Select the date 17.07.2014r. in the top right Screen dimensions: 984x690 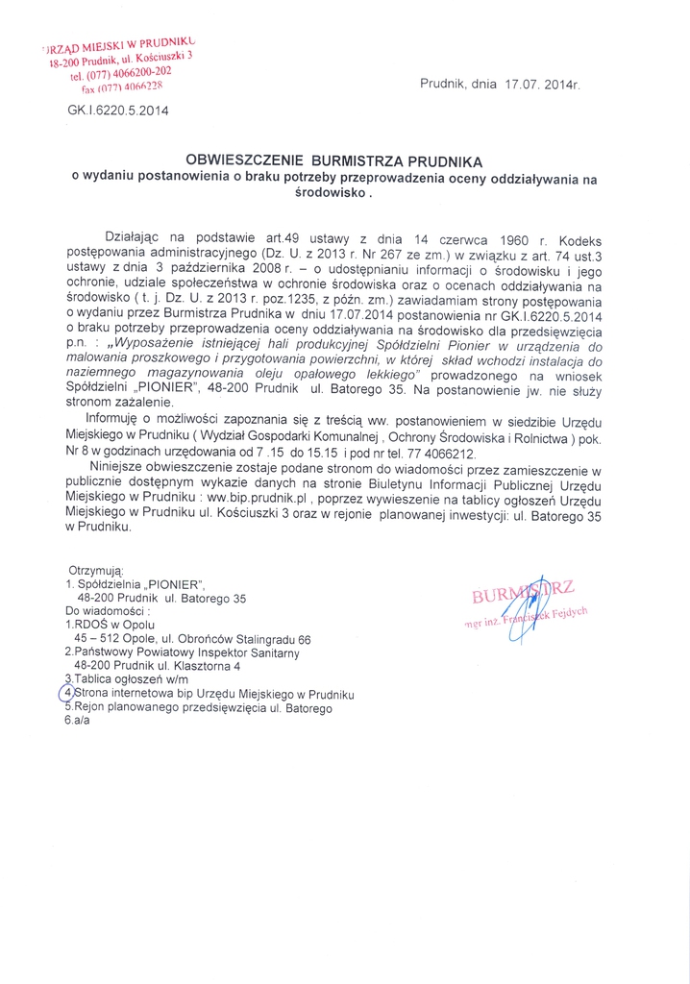(x=543, y=85)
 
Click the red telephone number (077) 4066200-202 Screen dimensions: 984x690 (x=122, y=72)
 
